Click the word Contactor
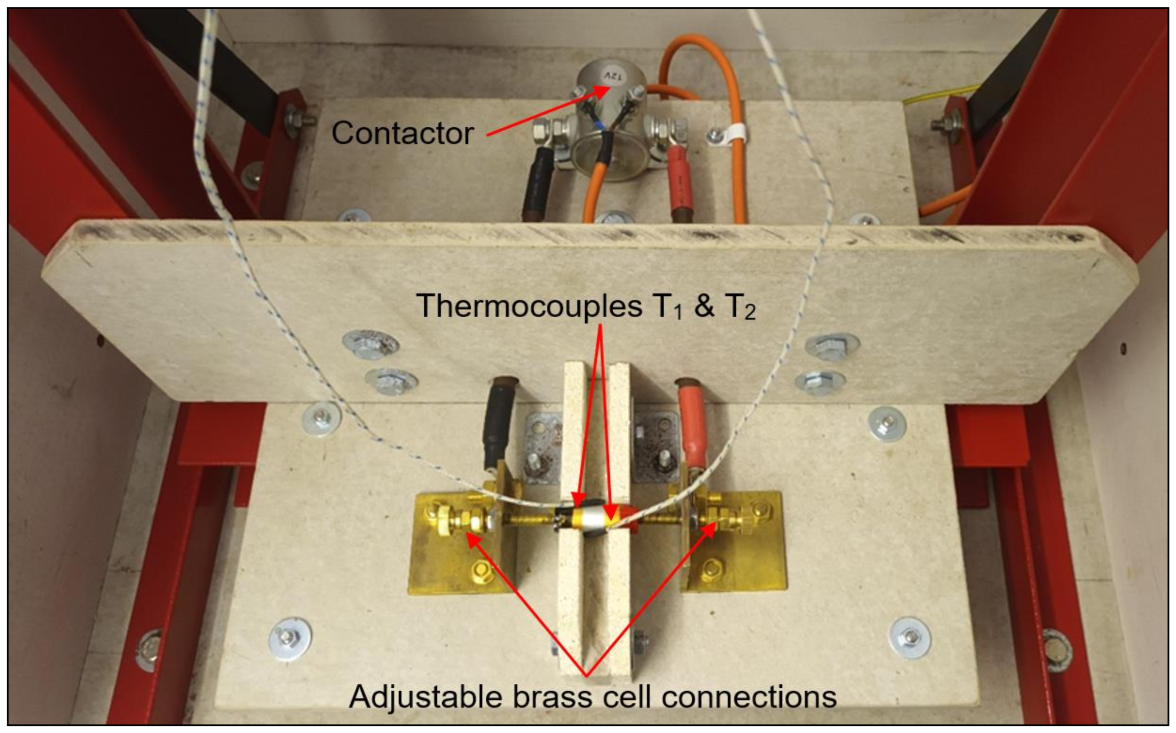point(402,133)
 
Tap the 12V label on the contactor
point(608,76)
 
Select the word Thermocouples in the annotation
point(529,306)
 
